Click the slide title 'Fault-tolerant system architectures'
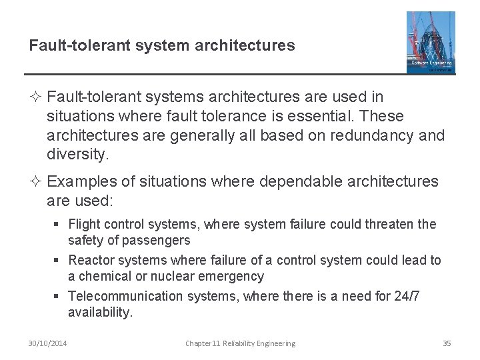[x=162, y=45]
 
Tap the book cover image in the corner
[x=431, y=42]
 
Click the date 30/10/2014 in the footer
[x=47, y=343]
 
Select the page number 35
[x=447, y=343]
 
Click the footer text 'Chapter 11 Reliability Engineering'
[x=240, y=343]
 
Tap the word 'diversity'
[x=77, y=155]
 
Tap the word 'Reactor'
[x=91, y=260]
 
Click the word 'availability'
[x=99, y=312]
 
